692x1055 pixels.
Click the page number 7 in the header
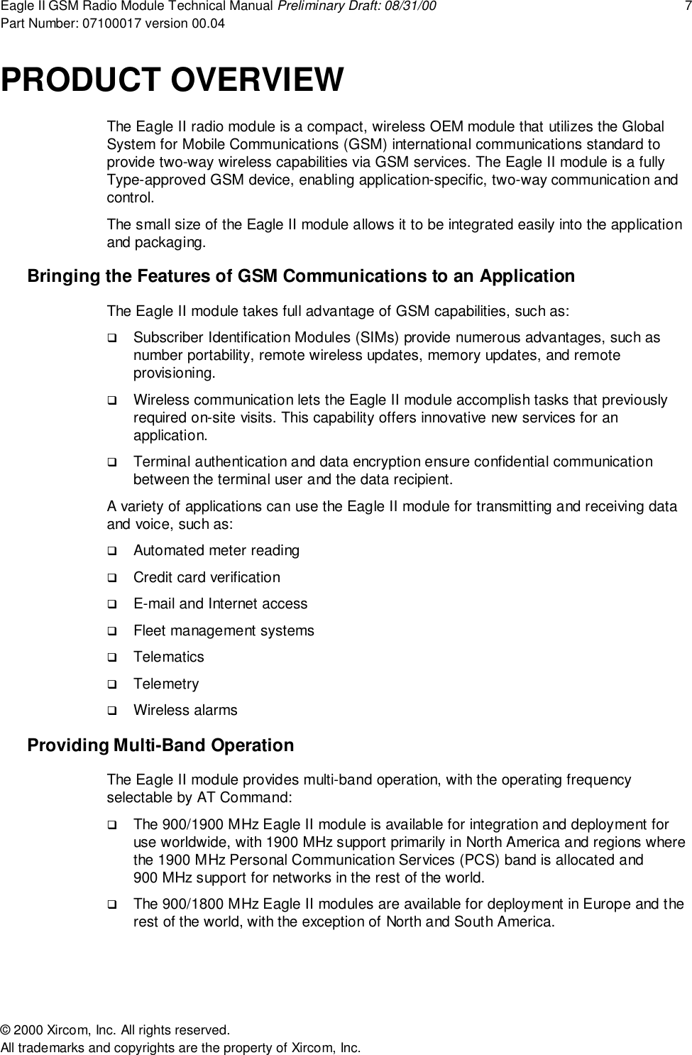tap(686, 7)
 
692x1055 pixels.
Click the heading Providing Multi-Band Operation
tap(160, 745)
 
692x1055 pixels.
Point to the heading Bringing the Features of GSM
tap(300, 275)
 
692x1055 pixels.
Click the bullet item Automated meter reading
tap(216, 550)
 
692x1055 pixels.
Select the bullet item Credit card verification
tap(207, 577)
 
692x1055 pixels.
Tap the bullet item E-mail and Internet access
tap(220, 603)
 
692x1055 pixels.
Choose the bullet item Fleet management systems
tap(224, 630)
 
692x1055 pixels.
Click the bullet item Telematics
tap(168, 657)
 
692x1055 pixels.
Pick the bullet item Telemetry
tap(166, 684)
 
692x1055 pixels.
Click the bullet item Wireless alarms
tap(185, 710)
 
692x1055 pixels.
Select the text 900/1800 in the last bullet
tap(183, 904)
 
